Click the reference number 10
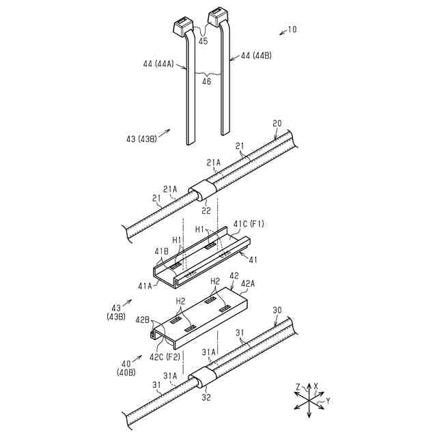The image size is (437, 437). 292,29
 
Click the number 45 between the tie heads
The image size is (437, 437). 203,41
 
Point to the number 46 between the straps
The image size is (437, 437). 206,81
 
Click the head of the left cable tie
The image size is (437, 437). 180,27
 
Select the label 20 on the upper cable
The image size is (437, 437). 277,124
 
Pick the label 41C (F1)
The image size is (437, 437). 249,223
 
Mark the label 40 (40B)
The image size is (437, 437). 126,369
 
